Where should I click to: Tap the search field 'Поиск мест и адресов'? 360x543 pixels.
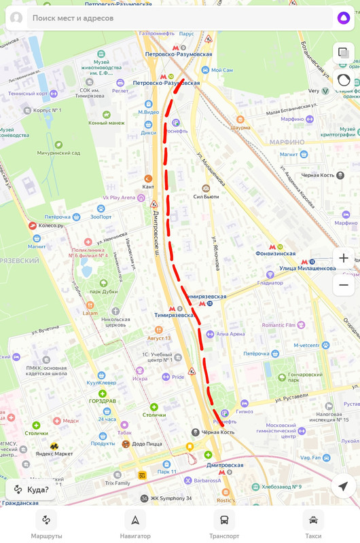tap(170, 18)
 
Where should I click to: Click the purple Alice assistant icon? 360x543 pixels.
tap(344, 18)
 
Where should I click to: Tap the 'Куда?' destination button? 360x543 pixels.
tap(31, 489)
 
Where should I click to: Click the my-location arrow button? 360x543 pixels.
tap(343, 486)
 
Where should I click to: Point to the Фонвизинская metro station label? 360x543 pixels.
tap(275, 253)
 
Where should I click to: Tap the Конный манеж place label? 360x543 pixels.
tap(107, 122)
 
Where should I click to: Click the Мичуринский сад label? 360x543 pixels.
tap(59, 152)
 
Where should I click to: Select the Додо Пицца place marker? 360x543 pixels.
tap(143, 444)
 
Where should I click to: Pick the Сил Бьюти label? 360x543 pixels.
tap(206, 196)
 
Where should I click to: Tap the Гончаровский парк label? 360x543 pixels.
tap(305, 374)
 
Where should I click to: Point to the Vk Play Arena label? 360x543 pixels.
tap(119, 198)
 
